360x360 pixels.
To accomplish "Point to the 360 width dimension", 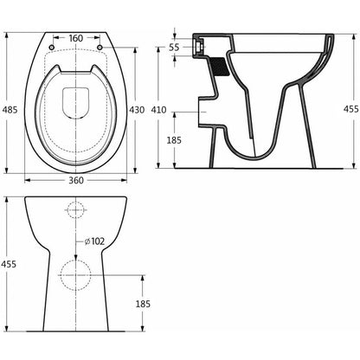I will pyautogui.click(x=77, y=182).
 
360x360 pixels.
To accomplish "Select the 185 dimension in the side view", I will pyautogui.click(x=176, y=140).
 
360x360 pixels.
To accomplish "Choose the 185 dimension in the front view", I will pyautogui.click(x=143, y=304).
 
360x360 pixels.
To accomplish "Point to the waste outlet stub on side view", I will pyautogui.click(x=205, y=112).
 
